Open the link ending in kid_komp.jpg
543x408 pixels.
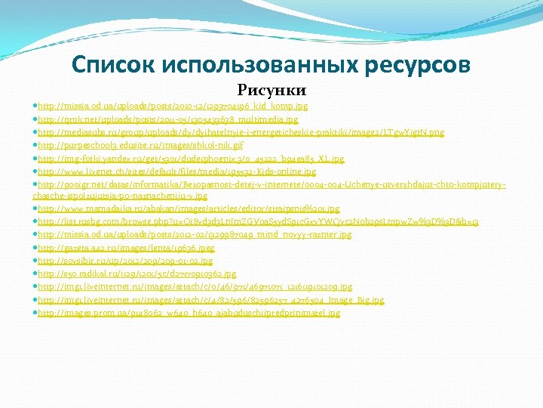tap(173, 107)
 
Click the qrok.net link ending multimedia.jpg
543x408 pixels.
tap(167, 119)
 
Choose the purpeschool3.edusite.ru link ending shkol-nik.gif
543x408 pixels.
tap(140, 145)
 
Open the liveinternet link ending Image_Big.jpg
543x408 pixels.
tap(210, 300)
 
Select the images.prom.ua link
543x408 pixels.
tap(189, 313)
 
